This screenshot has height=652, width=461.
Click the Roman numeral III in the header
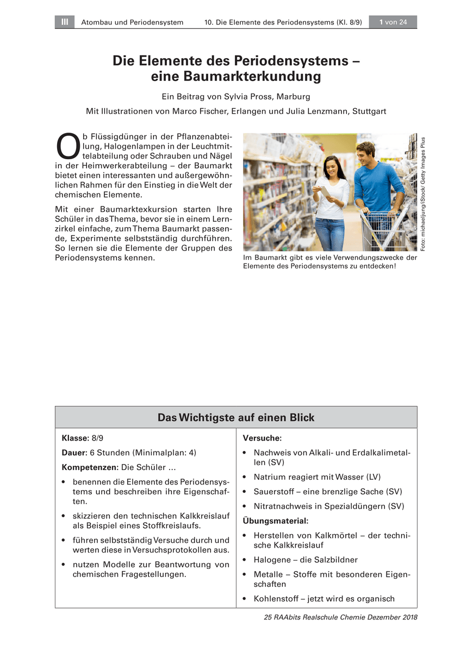(65, 22)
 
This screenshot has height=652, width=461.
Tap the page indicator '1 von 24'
(393, 22)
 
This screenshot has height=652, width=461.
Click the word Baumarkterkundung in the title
(236, 77)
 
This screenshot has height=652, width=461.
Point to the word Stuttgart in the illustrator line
(369, 111)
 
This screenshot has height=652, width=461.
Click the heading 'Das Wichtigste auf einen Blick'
(236, 417)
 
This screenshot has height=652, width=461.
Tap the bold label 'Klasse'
(74, 438)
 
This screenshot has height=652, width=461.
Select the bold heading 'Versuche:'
(262, 438)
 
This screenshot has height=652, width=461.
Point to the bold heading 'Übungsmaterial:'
(275, 521)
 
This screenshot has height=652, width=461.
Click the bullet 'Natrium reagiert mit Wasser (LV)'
(317, 477)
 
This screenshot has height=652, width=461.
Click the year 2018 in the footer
(407, 618)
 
